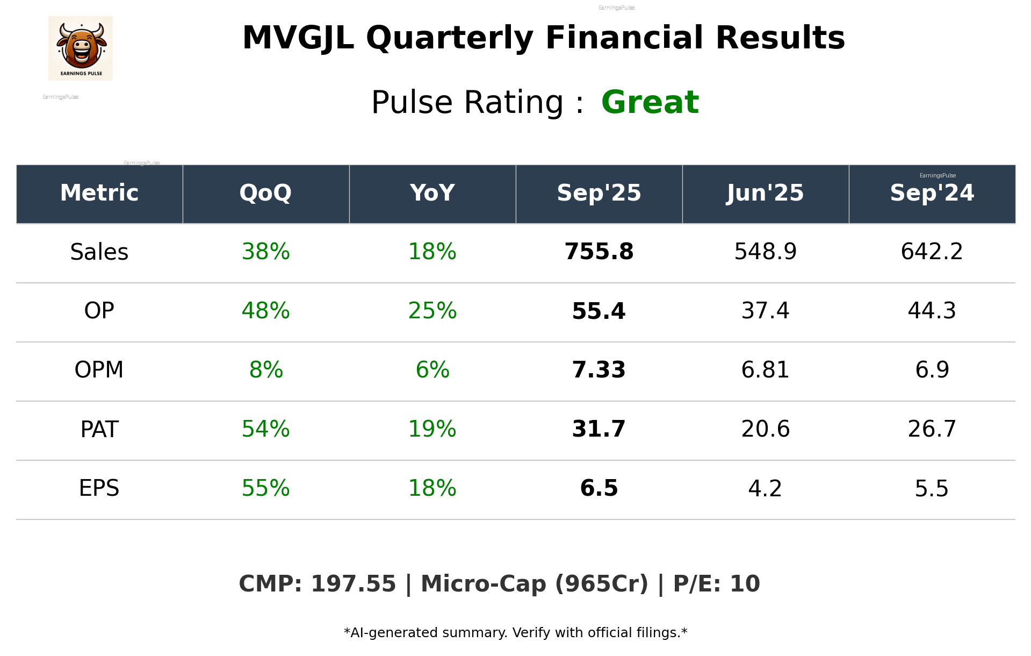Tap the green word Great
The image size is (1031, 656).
tap(650, 102)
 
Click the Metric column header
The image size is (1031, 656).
tap(99, 193)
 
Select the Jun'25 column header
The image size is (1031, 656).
tap(765, 193)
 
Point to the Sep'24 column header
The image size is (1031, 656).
tap(932, 193)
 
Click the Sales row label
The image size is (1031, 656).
tap(99, 252)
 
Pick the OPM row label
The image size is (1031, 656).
tap(99, 370)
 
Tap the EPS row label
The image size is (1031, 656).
tap(99, 488)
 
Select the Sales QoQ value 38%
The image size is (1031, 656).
tap(265, 252)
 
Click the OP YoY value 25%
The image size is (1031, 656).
tap(432, 311)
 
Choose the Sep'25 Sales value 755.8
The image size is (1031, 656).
tap(599, 252)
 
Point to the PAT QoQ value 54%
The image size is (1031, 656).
tap(265, 429)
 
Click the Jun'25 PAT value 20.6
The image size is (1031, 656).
tap(765, 429)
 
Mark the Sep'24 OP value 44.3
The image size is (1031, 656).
tap(932, 311)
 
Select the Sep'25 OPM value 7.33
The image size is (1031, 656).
tap(599, 370)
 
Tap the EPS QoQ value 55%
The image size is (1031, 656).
tap(265, 488)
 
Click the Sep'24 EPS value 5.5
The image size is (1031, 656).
tap(932, 488)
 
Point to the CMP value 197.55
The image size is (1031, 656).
tap(353, 584)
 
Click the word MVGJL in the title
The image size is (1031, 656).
tap(298, 38)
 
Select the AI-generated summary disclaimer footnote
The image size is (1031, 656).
tap(515, 633)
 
